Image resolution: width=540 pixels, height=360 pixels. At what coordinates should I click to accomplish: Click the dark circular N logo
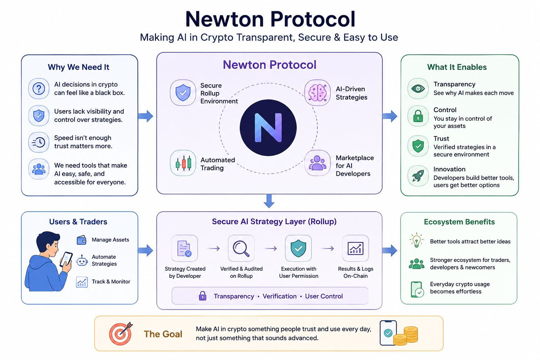[268, 128]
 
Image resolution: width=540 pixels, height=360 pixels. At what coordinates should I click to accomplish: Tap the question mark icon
[39, 89]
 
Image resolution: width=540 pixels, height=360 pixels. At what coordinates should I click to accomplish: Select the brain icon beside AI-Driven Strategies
[317, 92]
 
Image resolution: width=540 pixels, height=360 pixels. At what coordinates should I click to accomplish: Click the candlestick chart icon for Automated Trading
[183, 163]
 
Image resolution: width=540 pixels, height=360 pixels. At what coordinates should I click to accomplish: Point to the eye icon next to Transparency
[418, 89]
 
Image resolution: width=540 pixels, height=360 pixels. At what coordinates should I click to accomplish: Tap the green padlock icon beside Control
[418, 116]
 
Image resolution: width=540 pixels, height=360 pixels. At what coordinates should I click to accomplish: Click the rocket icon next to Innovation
[418, 176]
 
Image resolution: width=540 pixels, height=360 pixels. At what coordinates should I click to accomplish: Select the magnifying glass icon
[241, 248]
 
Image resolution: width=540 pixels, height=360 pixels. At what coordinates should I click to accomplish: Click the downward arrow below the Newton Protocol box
[269, 201]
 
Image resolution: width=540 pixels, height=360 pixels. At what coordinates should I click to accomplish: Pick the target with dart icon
[121, 334]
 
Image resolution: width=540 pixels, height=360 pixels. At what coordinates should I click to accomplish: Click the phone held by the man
[66, 259]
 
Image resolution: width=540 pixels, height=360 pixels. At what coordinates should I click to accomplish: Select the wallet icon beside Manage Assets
[82, 240]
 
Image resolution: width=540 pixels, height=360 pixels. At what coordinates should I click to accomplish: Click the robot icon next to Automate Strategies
[82, 261]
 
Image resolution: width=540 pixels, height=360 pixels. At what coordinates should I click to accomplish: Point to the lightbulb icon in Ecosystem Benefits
[416, 240]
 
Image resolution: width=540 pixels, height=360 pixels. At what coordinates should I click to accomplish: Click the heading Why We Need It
[79, 67]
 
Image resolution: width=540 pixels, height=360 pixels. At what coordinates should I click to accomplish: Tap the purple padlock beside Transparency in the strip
[202, 296]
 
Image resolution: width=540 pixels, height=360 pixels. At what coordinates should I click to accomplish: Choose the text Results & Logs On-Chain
[355, 272]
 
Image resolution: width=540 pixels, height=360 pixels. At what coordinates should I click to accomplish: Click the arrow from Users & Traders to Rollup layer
[146, 251]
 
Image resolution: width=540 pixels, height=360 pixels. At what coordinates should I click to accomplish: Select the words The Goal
[163, 334]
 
